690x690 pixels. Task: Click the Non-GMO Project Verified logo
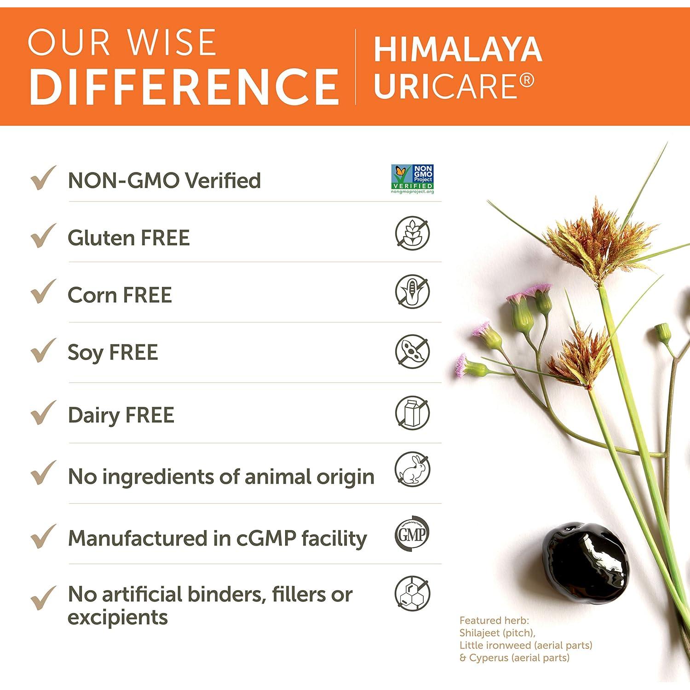(412, 179)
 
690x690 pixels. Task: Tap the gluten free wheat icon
(412, 233)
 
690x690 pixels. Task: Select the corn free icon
(412, 292)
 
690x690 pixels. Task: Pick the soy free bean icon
(412, 351)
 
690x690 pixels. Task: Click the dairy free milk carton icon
(412, 413)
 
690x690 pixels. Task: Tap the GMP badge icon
(412, 534)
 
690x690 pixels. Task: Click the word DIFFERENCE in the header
(184, 86)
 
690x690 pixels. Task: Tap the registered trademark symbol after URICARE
(528, 81)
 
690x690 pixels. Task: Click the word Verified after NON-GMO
(223, 180)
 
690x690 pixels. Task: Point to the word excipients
(118, 617)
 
